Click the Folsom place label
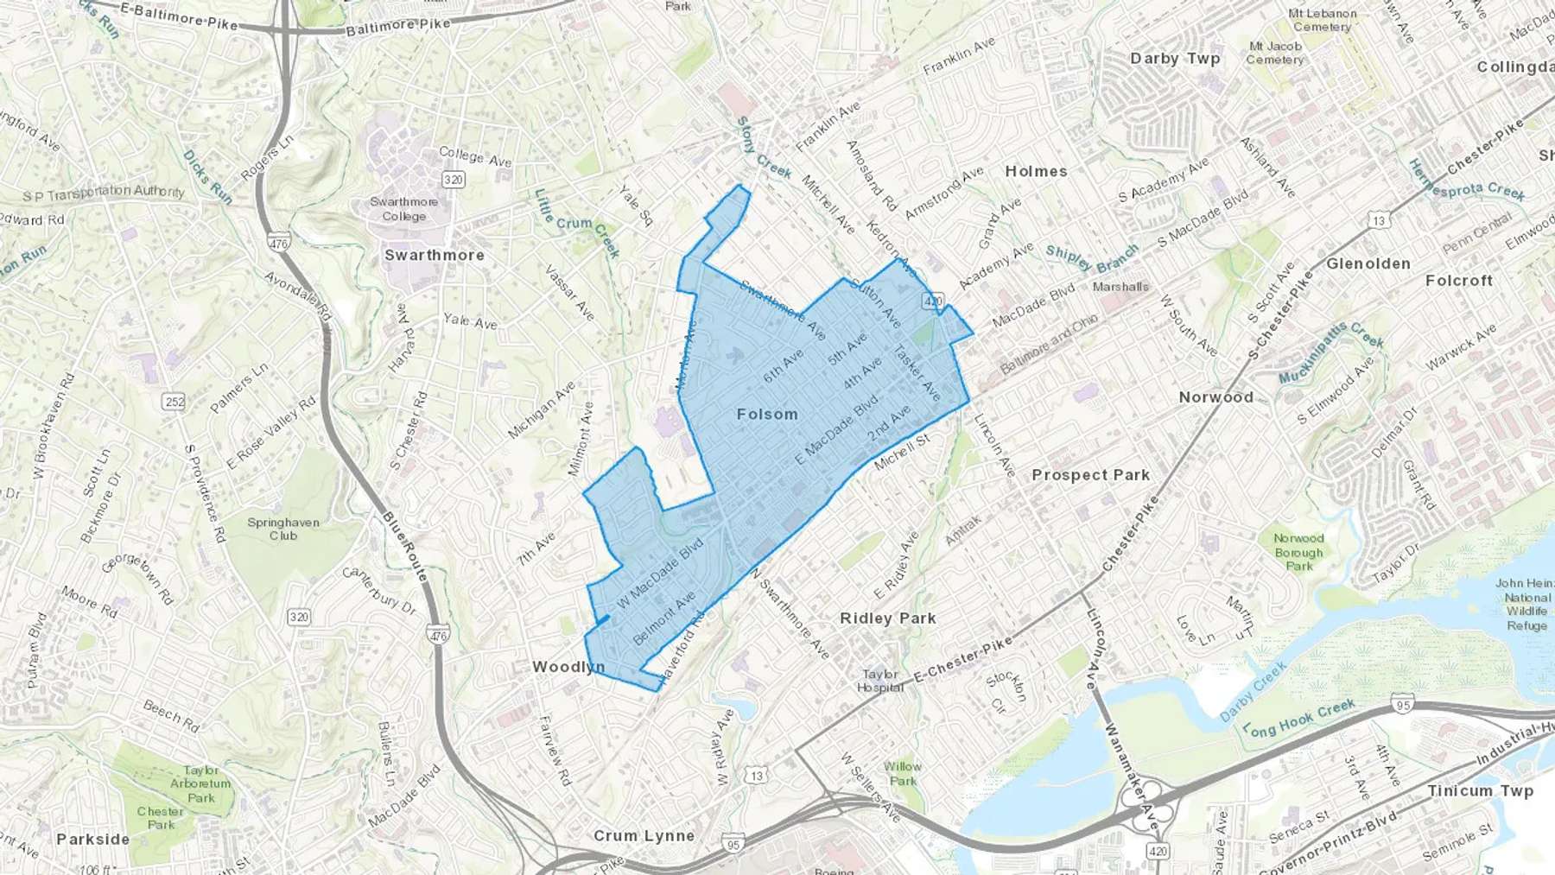point(767,415)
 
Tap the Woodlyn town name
point(568,667)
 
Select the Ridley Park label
point(888,618)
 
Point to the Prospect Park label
point(1090,475)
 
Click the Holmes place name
point(1036,172)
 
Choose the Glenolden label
point(1368,263)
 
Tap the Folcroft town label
point(1459,281)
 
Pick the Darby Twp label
point(1175,59)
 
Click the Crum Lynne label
point(644,836)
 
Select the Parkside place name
point(92,840)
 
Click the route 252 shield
point(175,402)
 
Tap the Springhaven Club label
point(283,529)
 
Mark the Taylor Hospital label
point(880,681)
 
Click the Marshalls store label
point(1120,287)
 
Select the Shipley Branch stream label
point(1092,257)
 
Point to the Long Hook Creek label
point(1298,719)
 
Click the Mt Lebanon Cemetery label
point(1323,20)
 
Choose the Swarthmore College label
point(404,209)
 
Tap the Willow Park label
point(903,773)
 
